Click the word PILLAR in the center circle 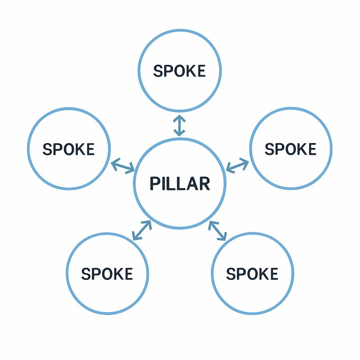pyautogui.click(x=179, y=184)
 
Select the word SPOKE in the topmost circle pyautogui.click(x=179, y=71)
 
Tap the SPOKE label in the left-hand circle pyautogui.click(x=68, y=149)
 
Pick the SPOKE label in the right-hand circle pyautogui.click(x=290, y=149)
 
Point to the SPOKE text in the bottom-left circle pyautogui.click(x=107, y=273)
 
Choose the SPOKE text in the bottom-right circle pyautogui.click(x=252, y=273)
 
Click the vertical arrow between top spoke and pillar pyautogui.click(x=179, y=126)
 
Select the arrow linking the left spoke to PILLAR pyautogui.click(x=122, y=166)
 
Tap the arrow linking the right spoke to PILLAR pyautogui.click(x=237, y=165)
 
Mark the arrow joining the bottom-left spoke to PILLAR pyautogui.click(x=141, y=230)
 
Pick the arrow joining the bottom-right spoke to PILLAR pyautogui.click(x=218, y=230)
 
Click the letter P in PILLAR pyautogui.click(x=153, y=184)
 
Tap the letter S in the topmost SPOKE pyautogui.click(x=158, y=71)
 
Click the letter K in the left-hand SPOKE pyautogui.click(x=79, y=149)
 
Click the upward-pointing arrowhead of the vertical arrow pyautogui.click(x=179, y=118)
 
